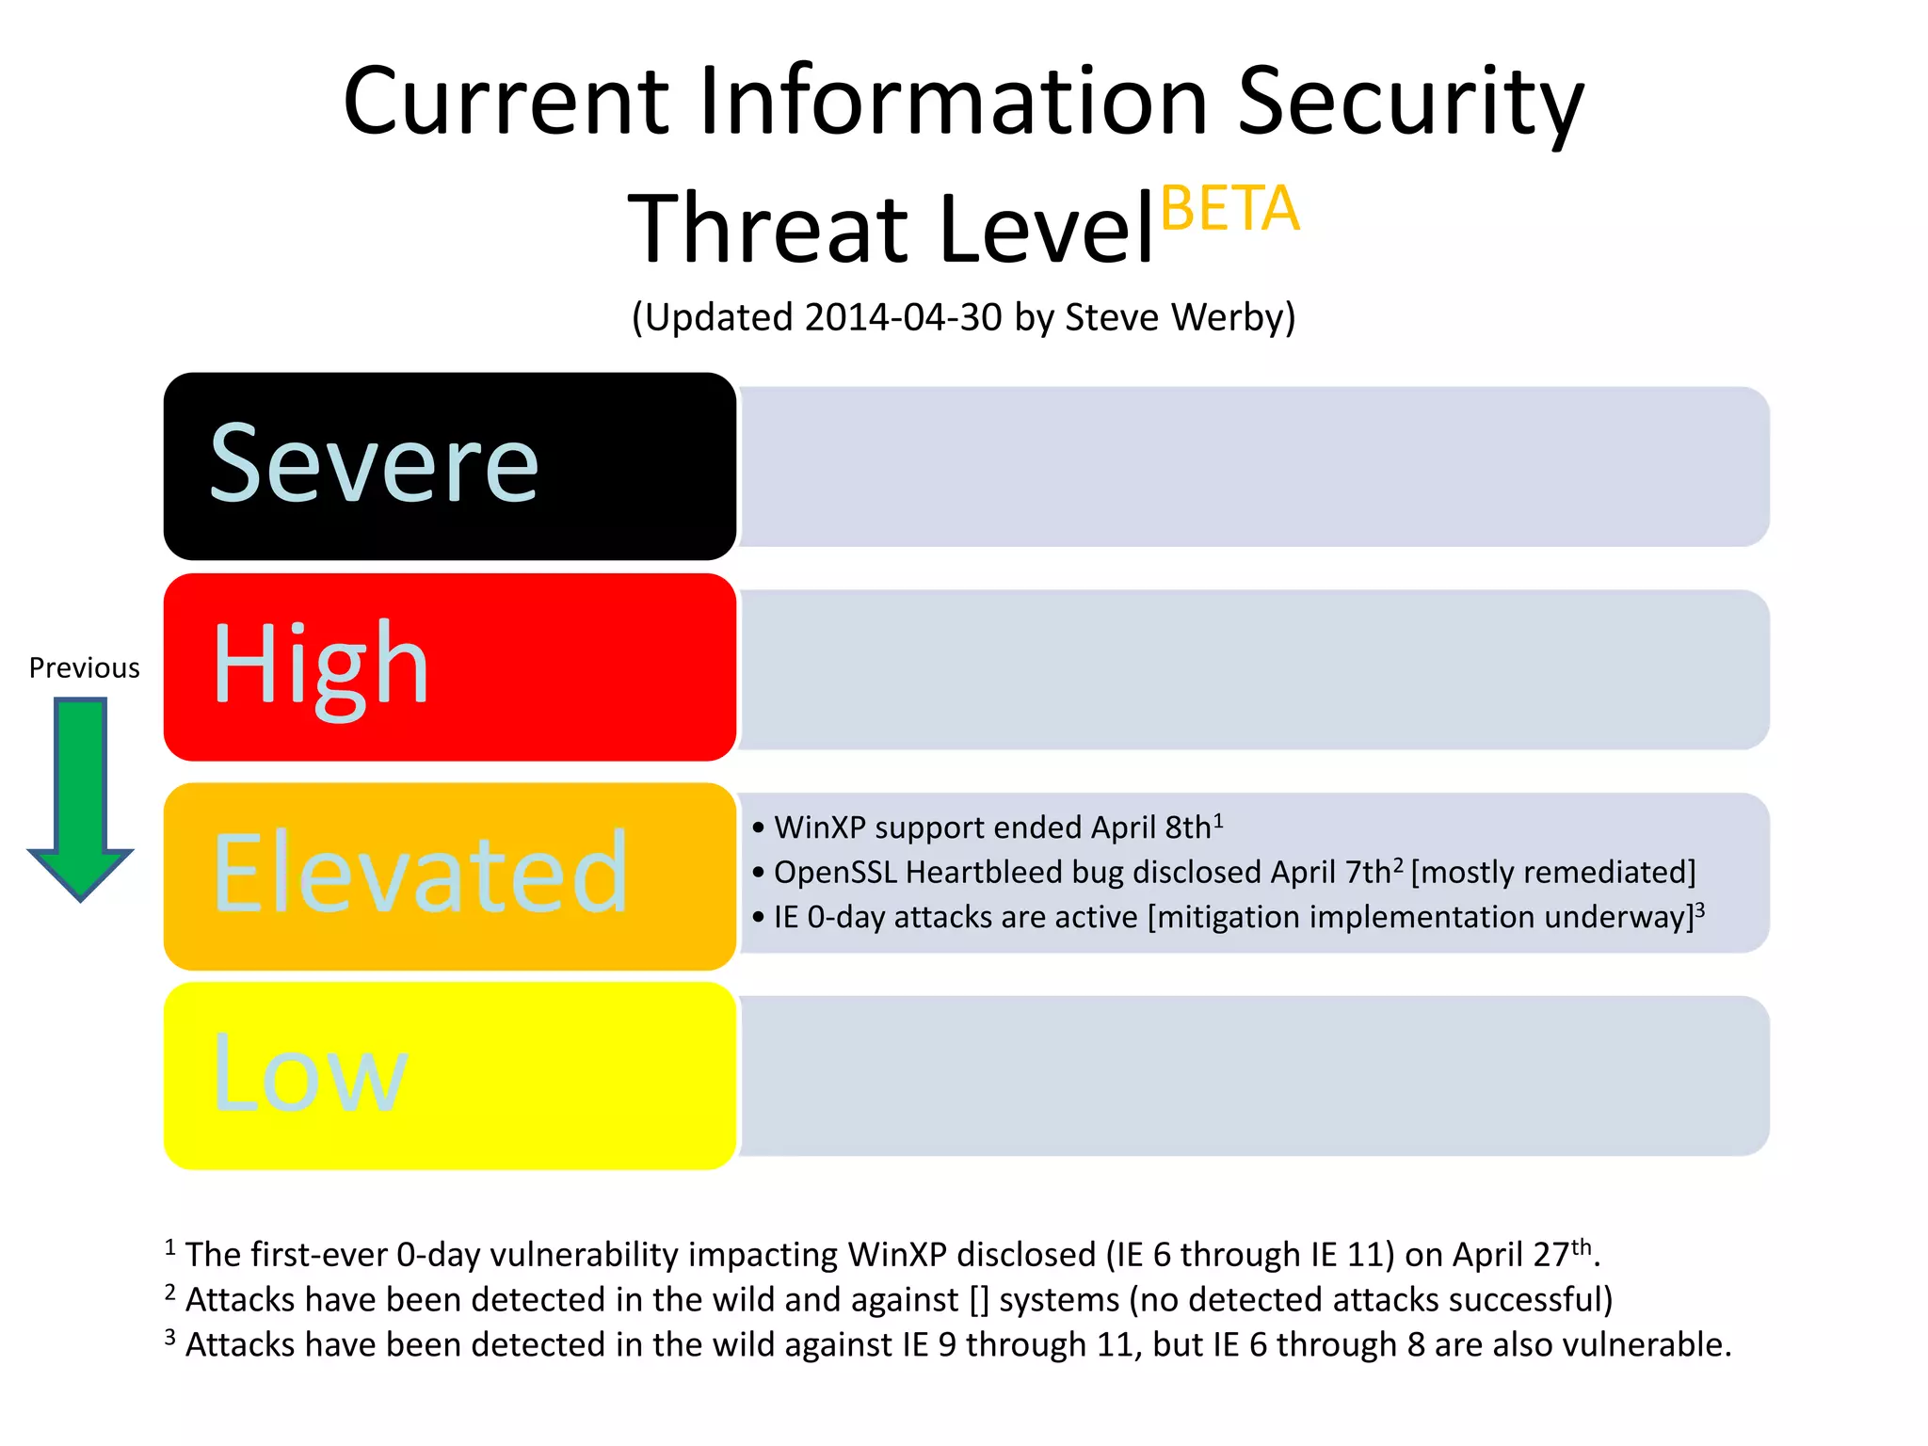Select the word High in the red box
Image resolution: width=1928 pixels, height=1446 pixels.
321,667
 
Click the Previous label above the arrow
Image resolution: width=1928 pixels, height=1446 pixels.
84,667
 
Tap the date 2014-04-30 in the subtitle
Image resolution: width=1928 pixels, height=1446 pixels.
903,317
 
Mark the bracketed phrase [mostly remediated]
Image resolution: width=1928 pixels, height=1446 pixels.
1552,873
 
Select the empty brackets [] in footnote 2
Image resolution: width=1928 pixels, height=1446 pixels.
979,1300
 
